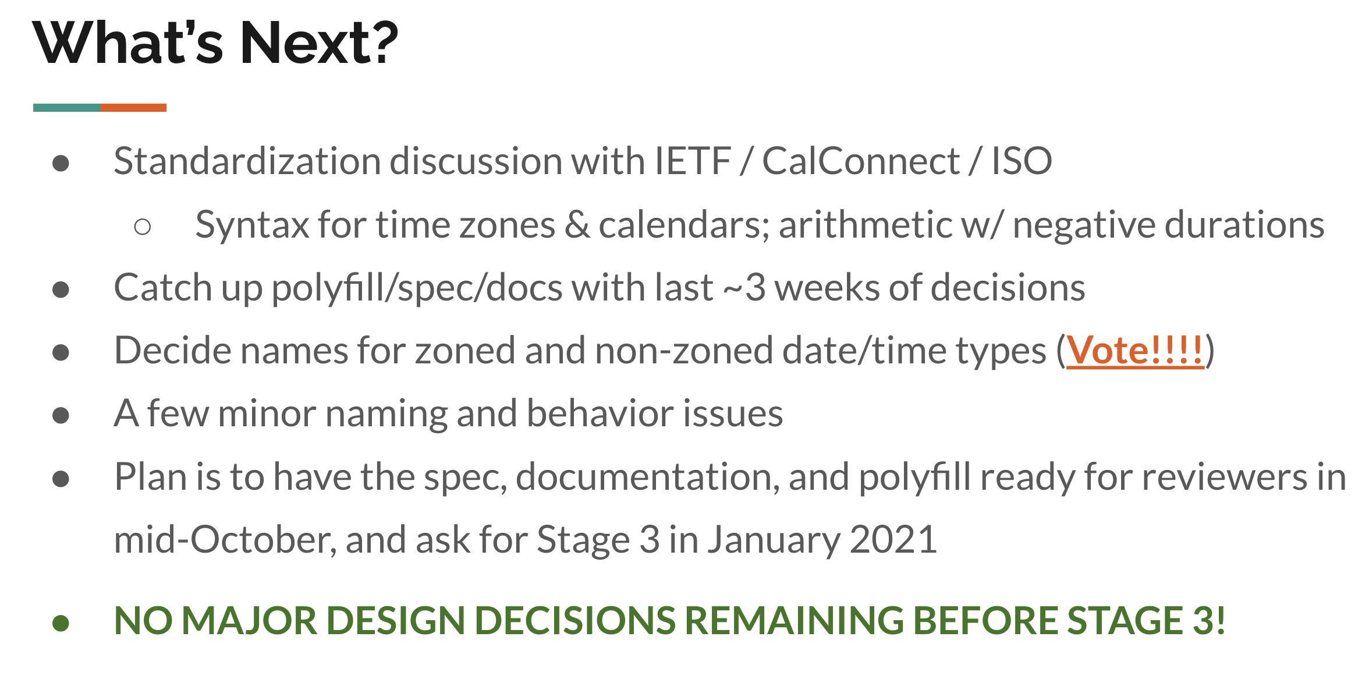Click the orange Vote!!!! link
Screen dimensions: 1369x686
1134,351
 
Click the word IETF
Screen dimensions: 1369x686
693,161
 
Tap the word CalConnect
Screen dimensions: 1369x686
861,161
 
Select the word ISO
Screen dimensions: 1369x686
1022,161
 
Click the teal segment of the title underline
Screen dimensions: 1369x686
67,108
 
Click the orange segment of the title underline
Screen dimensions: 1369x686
134,108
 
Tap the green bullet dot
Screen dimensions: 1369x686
61,623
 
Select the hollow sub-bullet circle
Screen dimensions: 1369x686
143,227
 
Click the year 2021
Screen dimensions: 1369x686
893,539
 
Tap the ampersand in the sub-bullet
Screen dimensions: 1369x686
577,225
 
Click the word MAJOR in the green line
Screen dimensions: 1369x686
250,620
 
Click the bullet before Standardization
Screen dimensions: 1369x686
61,164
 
